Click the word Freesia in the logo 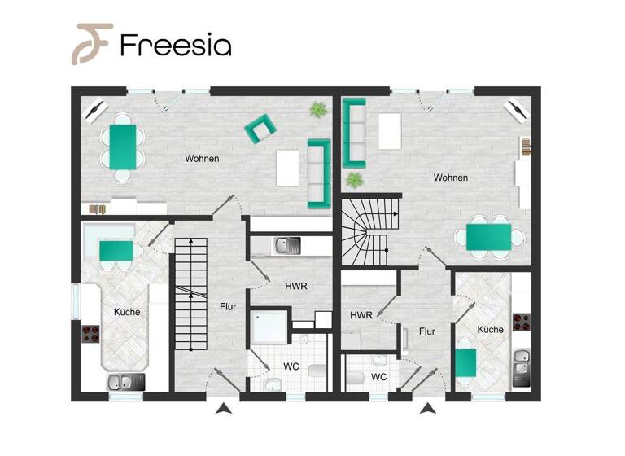coord(175,44)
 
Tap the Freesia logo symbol coord(91,43)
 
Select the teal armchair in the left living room coord(260,127)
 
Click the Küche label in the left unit coord(127,312)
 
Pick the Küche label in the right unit coord(490,330)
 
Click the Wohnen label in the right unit coord(450,178)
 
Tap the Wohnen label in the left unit coord(201,159)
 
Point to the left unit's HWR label coord(295,287)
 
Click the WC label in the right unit coord(378,377)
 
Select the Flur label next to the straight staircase coord(228,307)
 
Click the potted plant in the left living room coord(317,109)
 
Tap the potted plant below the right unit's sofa coord(354,180)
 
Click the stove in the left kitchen coord(90,333)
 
